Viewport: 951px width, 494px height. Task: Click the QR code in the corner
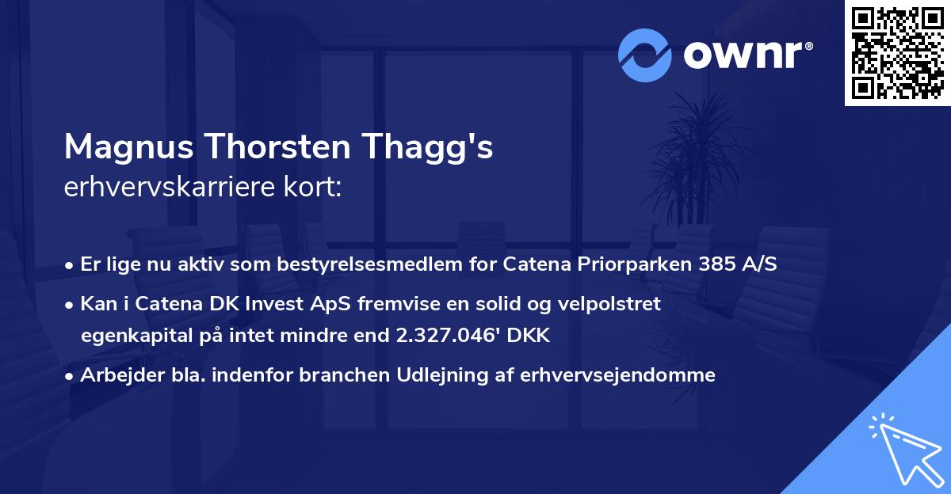click(x=898, y=53)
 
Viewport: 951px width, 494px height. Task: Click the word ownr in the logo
click(x=745, y=55)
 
